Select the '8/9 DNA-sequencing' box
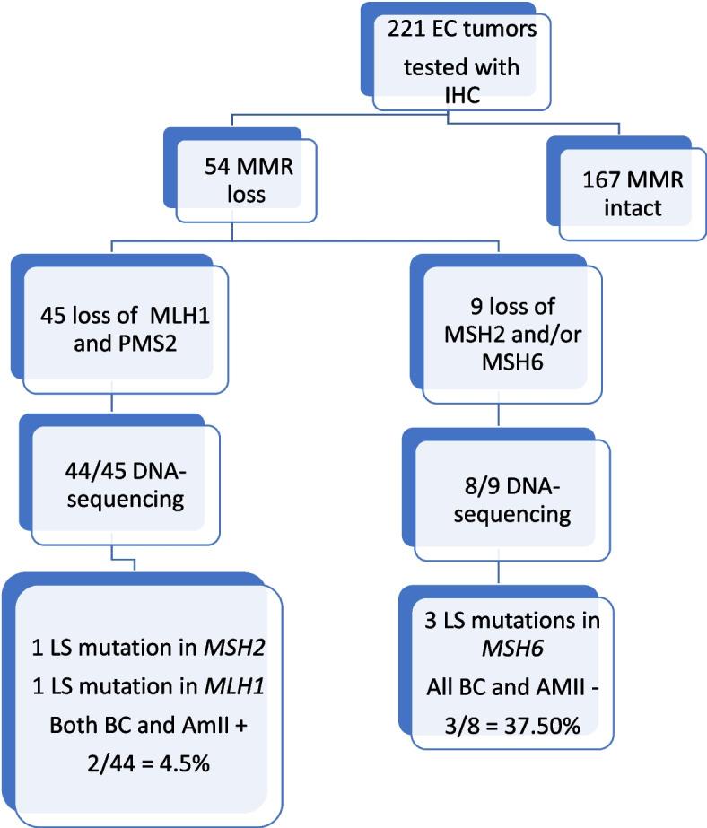click(x=509, y=501)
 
